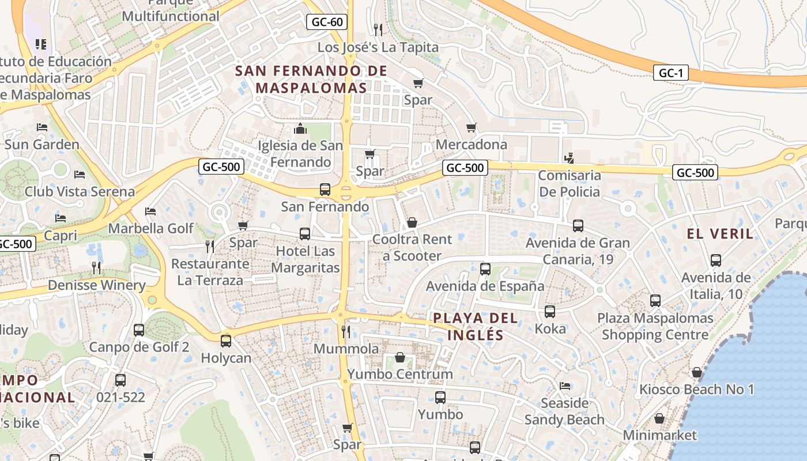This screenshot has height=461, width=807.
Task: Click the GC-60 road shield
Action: tap(327, 22)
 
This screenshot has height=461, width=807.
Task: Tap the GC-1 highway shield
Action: tap(671, 73)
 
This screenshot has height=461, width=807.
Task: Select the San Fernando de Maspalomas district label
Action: tap(311, 80)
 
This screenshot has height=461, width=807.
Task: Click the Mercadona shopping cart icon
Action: tap(472, 127)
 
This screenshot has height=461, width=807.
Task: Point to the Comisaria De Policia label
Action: tap(570, 183)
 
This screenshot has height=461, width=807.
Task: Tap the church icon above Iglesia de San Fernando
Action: tap(300, 128)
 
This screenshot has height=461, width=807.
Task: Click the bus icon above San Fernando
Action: tap(325, 189)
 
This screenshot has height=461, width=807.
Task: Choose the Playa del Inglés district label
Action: tap(476, 326)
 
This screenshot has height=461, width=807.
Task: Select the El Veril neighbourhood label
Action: tap(720, 233)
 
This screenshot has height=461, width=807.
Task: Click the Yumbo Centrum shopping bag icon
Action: tap(399, 357)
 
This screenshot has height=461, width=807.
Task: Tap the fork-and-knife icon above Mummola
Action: tap(346, 331)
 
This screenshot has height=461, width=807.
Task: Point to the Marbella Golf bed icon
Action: tap(150, 211)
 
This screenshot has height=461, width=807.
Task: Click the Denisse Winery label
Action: tap(97, 285)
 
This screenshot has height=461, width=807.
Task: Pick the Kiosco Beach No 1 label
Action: tap(696, 390)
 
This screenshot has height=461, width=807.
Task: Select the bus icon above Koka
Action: tap(550, 312)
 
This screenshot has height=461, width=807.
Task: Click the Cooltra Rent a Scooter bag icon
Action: tap(412, 222)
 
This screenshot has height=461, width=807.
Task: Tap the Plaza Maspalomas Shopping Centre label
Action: tap(655, 326)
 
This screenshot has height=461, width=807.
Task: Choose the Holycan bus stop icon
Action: tap(226, 341)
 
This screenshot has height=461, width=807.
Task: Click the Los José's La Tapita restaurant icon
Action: tap(378, 29)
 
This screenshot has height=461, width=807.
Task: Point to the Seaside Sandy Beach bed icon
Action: tap(565, 386)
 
